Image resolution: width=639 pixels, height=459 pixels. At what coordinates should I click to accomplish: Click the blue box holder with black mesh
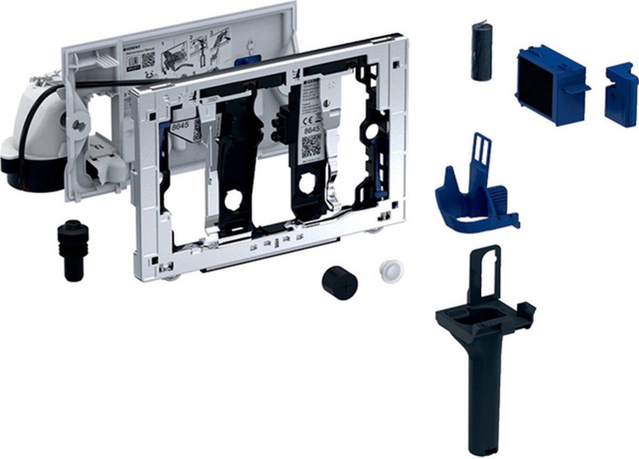click(x=550, y=86)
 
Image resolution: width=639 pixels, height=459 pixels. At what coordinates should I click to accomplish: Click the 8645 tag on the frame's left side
click(x=179, y=127)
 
